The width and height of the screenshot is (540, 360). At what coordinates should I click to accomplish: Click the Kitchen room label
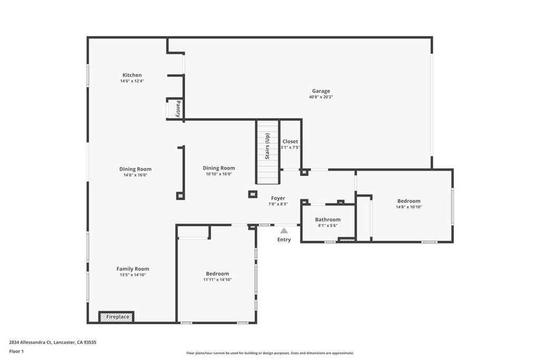(132, 75)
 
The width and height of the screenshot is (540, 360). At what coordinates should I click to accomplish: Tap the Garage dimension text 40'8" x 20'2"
(321, 97)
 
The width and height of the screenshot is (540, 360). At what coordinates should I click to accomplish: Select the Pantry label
(178, 109)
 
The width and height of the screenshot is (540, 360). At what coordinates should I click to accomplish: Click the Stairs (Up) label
(267, 146)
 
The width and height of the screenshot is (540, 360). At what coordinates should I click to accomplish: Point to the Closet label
(290, 141)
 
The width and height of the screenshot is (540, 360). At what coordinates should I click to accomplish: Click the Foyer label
(278, 198)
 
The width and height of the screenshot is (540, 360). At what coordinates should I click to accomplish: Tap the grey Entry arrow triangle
(284, 230)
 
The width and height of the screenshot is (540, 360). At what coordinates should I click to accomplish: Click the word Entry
(284, 240)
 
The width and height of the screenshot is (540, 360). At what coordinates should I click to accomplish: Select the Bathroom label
(327, 219)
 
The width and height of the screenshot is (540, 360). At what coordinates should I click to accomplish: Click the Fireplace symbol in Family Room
(117, 317)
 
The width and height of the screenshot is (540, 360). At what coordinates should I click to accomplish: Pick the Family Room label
(133, 269)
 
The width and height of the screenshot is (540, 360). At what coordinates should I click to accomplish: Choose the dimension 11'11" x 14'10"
(217, 280)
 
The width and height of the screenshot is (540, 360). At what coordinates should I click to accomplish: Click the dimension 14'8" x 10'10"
(409, 207)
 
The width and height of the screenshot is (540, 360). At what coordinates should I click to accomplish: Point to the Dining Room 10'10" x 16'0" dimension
(219, 174)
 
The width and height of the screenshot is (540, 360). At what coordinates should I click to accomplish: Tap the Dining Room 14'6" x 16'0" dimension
(135, 175)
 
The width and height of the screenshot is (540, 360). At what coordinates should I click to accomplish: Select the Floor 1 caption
(16, 351)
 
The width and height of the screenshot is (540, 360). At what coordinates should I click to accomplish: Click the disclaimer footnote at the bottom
(269, 353)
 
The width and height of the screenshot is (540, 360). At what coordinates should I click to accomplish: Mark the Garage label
(321, 91)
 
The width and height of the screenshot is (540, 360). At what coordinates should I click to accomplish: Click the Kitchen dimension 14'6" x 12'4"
(132, 81)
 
